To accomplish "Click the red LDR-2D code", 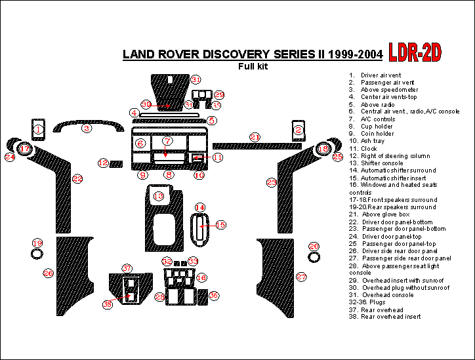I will [415, 52].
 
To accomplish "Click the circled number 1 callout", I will [38, 130].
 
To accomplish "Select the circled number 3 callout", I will [87, 129].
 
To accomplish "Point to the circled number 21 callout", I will [255, 137].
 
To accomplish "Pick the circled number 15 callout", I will [220, 225].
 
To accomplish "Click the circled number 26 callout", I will [48, 273].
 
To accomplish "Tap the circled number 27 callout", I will [301, 277].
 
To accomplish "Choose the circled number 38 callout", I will [108, 304].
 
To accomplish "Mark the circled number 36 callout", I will [214, 296].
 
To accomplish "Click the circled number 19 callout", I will [37, 243].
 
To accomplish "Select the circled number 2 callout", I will [299, 130].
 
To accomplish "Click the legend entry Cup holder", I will [375, 127].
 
